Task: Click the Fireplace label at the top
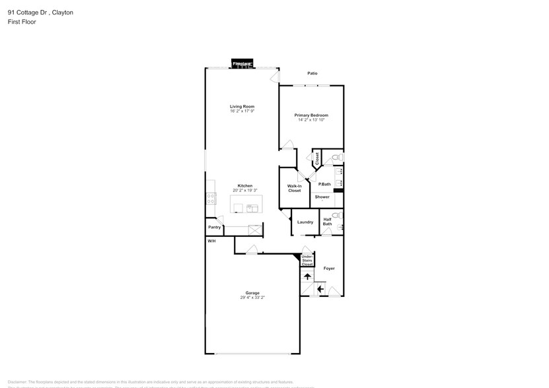coord(242,63)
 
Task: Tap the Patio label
coord(312,73)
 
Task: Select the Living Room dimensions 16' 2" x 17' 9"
coord(242,112)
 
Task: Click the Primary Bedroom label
coord(311,115)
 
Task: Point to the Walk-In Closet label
coord(294,188)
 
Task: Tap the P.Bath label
coord(324,184)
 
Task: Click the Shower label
coord(322,197)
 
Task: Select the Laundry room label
coord(305,222)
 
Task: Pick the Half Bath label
coord(327,222)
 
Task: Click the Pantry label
coord(214,227)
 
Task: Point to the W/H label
coord(211,242)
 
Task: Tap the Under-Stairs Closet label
coord(307,260)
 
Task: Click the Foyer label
coord(328,268)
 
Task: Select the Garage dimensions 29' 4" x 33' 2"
coord(252,298)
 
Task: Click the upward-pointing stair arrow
coord(307,276)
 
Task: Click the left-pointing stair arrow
coord(320,288)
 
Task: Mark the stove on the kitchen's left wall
coord(210,197)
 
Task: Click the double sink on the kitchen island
coord(252,209)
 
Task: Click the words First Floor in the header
coord(22,22)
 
